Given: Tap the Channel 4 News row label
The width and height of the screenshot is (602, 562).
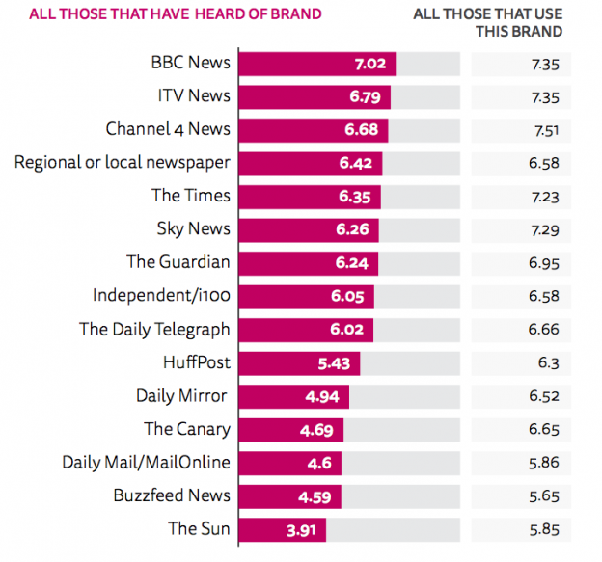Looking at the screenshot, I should (x=168, y=129).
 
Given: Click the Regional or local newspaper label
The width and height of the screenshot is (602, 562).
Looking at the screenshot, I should (x=123, y=162).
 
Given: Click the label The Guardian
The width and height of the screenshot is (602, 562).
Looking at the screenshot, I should (x=178, y=262).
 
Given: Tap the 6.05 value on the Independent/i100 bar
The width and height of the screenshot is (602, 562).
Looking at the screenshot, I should (x=347, y=297).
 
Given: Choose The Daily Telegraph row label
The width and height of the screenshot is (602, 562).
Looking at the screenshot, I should (x=154, y=330).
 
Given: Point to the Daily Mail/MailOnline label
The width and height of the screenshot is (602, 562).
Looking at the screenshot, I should (x=147, y=463).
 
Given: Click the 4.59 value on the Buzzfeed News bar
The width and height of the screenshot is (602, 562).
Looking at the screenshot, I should (x=315, y=497).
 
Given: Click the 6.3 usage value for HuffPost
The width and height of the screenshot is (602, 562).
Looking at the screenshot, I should (x=546, y=363).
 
